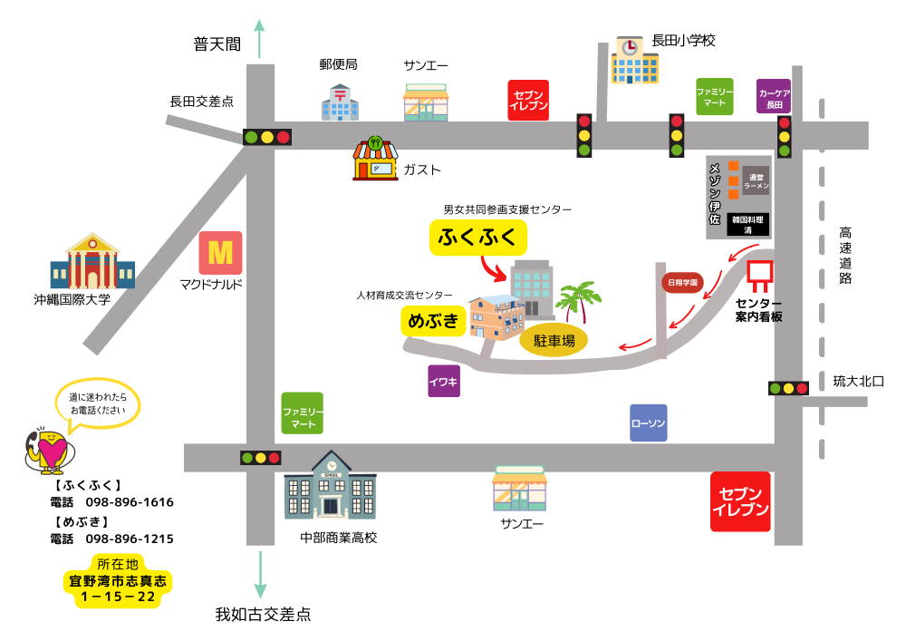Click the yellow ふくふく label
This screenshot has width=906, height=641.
click(477, 238)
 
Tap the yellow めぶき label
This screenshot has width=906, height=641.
click(433, 321)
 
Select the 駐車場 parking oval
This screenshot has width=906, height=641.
click(554, 341)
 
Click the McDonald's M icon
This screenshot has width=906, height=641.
click(220, 253)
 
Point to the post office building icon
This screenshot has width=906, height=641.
click(340, 102)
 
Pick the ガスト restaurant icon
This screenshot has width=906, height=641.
click(375, 160)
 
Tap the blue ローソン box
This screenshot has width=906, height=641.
click(648, 423)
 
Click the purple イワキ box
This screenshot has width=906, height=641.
click(444, 381)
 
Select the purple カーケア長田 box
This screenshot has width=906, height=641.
click(774, 96)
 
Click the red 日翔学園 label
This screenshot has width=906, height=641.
click(682, 283)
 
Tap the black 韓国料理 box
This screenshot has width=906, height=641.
click(748, 225)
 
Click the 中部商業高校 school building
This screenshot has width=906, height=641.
click(331, 488)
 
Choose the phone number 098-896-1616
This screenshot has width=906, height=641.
click(130, 502)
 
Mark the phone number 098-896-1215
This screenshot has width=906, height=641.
click(130, 539)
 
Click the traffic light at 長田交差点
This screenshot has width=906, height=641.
click(267, 137)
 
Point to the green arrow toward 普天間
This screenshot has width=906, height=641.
click(261, 39)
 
